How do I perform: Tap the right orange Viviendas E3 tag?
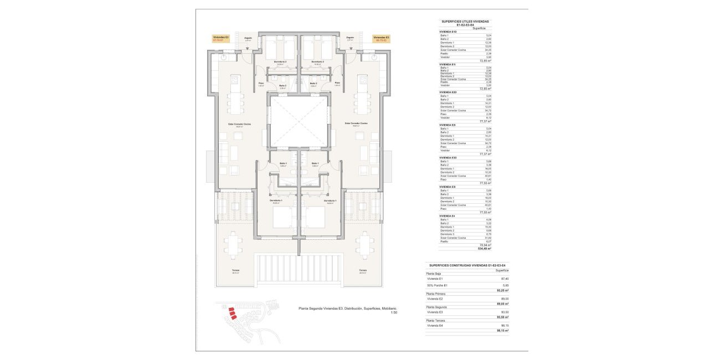click(381, 39)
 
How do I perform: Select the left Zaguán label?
click(248, 39)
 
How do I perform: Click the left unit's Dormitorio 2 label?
click(280, 61)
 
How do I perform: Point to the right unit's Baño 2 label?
click(313, 86)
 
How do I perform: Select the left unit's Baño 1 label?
click(283, 163)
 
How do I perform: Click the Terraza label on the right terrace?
click(363, 270)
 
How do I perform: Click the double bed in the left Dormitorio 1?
click(285, 218)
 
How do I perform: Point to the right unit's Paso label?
click(337, 83)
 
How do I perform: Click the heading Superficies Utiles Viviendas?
click(465, 22)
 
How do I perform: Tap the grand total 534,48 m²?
click(485, 249)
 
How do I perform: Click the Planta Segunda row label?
click(436, 306)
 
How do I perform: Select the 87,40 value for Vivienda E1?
click(504, 279)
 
